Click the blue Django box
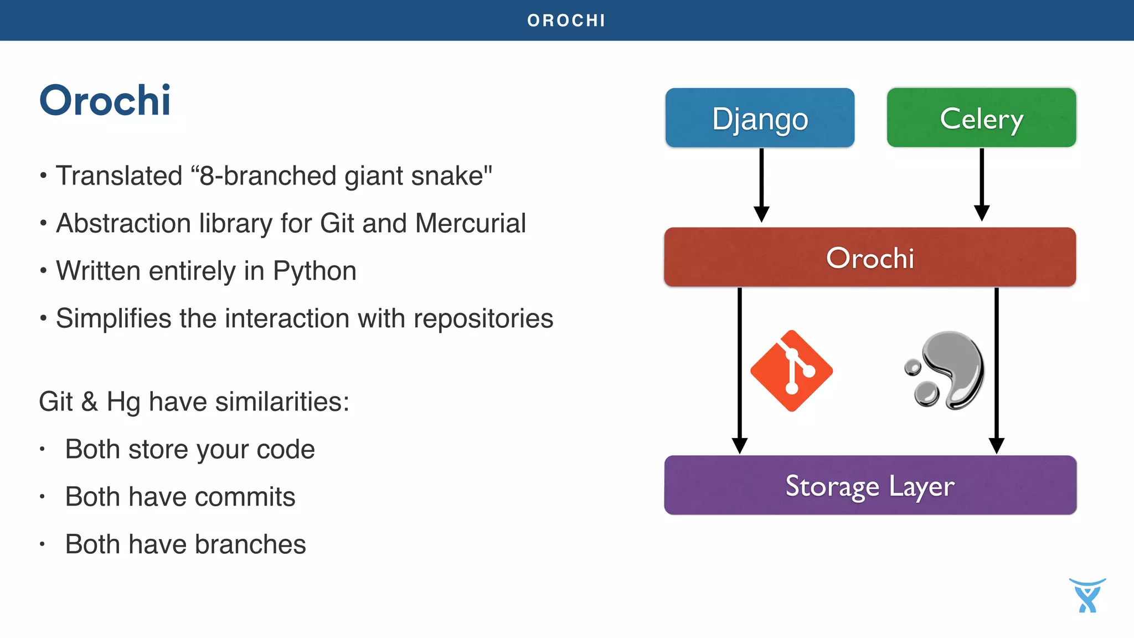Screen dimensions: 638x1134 [760, 118]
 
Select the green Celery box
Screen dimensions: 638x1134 [981, 118]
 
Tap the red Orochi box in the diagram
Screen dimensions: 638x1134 [869, 258]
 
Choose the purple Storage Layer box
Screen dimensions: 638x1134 [870, 485]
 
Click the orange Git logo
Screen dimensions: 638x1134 [791, 371]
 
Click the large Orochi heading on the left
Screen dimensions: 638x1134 [105, 101]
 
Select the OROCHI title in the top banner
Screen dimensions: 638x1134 [566, 20]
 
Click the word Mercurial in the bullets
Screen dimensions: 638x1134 [470, 224]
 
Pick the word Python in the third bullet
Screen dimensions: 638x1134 [315, 271]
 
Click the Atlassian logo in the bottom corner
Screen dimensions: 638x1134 [1087, 596]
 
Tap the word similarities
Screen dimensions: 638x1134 [281, 402]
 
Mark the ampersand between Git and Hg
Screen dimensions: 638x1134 [90, 402]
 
